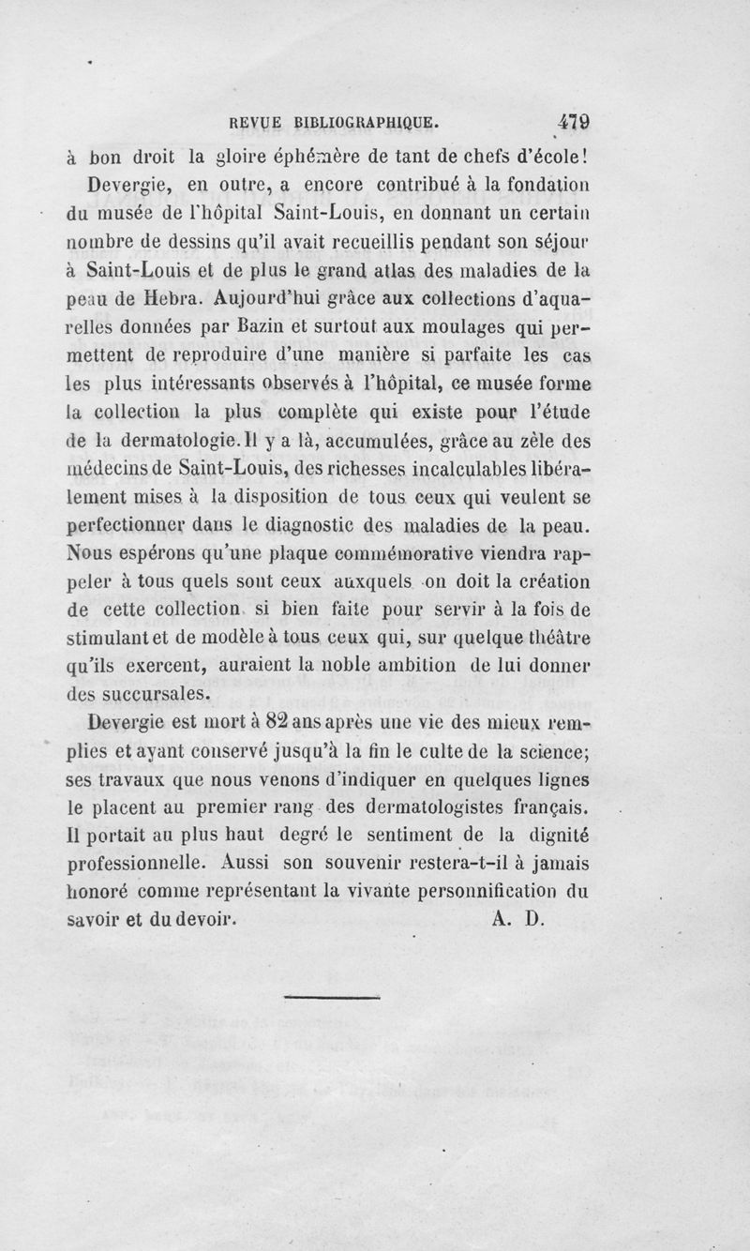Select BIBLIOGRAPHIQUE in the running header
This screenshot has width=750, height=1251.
click(x=366, y=122)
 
